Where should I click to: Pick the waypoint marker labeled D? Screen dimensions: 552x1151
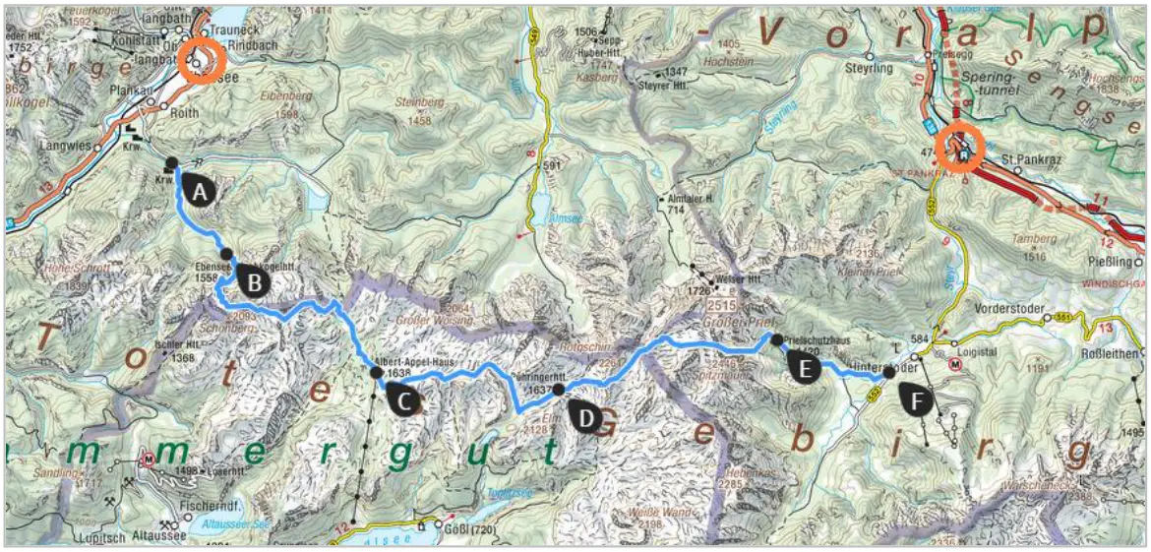point(585,417)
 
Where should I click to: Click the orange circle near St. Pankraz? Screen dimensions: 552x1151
point(961,149)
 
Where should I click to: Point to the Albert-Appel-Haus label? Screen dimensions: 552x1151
point(416,361)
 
